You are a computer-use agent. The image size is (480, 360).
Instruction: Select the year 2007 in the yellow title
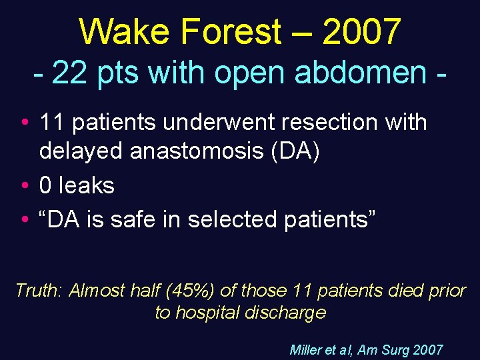pyautogui.click(x=362, y=31)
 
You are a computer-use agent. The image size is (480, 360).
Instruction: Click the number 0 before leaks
pyautogui.click(x=45, y=185)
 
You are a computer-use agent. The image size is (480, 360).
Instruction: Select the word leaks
pyautogui.click(x=87, y=185)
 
